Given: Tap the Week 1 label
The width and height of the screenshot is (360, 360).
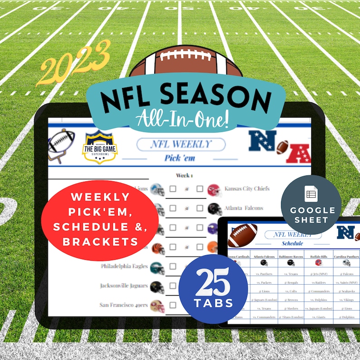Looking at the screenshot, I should tap(185, 175).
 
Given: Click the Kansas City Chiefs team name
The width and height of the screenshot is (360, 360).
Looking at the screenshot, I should tap(247, 188).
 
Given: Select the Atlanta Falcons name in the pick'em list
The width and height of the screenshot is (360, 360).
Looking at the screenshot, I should tap(243, 208).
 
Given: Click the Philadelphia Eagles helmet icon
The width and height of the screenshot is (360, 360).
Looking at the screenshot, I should tap(157, 268).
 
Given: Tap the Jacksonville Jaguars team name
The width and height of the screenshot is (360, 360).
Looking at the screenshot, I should tap(124, 286).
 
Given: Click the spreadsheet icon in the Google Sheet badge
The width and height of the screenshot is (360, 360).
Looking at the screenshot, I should tap(311, 194).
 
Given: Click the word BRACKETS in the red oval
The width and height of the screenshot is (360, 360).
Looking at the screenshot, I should tap(100, 242).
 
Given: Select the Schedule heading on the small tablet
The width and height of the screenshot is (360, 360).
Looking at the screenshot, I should tap(292, 243).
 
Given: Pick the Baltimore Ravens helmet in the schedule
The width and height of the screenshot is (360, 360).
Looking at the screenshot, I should tap(291, 263).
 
